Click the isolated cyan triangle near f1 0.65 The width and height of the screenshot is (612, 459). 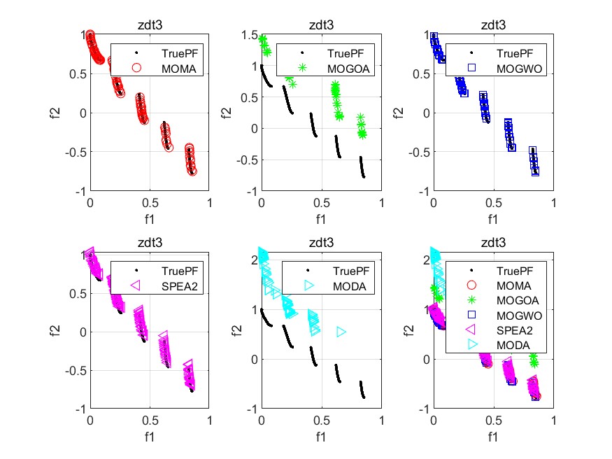coord(341,332)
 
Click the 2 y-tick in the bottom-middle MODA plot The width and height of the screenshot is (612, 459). coord(250,260)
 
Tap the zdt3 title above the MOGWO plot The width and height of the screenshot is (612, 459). coord(493,25)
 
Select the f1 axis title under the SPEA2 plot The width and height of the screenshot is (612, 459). coord(150,437)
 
